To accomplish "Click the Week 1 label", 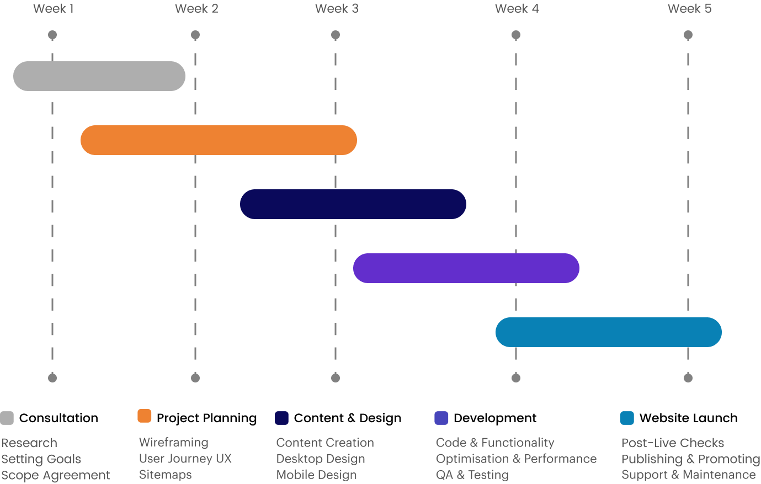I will pyautogui.click(x=53, y=9).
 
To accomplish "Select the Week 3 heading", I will pyautogui.click(x=337, y=9).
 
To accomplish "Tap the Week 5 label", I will pyautogui.click(x=689, y=9).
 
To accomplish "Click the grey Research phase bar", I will pyautogui.click(x=99, y=76).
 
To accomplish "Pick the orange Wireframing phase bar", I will pyautogui.click(x=219, y=140).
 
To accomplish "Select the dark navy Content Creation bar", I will pyautogui.click(x=353, y=204).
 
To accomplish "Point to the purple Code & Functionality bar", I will pyautogui.click(x=466, y=268).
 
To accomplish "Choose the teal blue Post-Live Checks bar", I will pyautogui.click(x=609, y=332).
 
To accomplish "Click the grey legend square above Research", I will pyautogui.click(x=7, y=418).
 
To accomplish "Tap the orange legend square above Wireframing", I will pyautogui.click(x=145, y=416).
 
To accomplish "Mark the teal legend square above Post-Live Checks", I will pyautogui.click(x=627, y=418).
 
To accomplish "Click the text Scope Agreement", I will pyautogui.click(x=55, y=475).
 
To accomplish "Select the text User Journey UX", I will pyautogui.click(x=185, y=459).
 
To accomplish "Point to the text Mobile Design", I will pyautogui.click(x=316, y=475).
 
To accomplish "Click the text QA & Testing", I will pyautogui.click(x=472, y=475).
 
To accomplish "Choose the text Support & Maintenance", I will pyautogui.click(x=688, y=475).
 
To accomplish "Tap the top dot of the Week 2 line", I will pyautogui.click(x=195, y=35).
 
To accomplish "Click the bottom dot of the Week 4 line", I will pyautogui.click(x=516, y=378).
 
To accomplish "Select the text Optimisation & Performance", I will pyautogui.click(x=516, y=459).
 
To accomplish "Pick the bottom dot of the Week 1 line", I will pyautogui.click(x=52, y=378).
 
